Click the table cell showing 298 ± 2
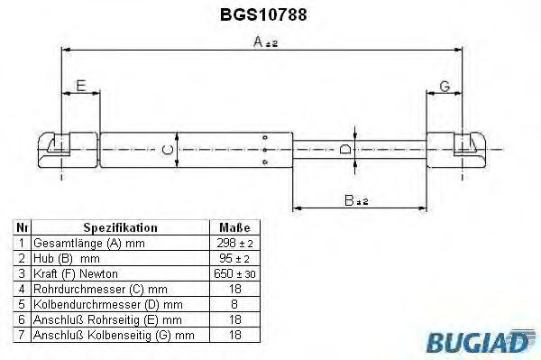[234, 244]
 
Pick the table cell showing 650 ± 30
[234, 273]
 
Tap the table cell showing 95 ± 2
[234, 259]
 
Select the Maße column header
[234, 228]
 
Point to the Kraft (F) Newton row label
[76, 273]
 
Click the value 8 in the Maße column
[234, 304]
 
